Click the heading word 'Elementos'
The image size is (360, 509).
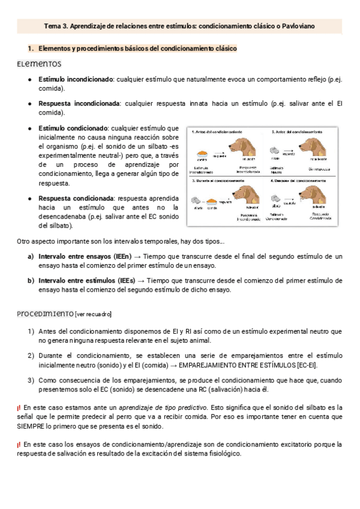pyautogui.click(x=39, y=64)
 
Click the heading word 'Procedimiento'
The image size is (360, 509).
pyautogui.click(x=45, y=313)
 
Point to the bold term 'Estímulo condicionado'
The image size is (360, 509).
pyautogui.click(x=73, y=128)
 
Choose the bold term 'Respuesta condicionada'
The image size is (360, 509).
pyautogui.click(x=76, y=198)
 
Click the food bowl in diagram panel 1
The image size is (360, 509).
pyautogui.click(x=203, y=152)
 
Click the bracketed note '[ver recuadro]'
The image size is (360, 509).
pyautogui.click(x=93, y=314)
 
